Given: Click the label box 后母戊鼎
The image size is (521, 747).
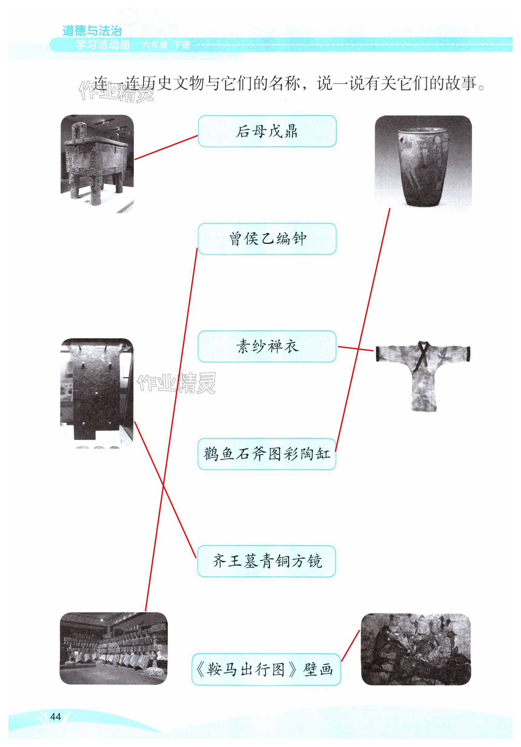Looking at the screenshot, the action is (x=267, y=131).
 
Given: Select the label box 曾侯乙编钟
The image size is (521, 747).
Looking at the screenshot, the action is (x=267, y=239).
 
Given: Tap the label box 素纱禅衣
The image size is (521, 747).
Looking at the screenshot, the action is (x=267, y=346).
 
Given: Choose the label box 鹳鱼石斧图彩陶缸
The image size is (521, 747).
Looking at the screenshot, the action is (x=267, y=454).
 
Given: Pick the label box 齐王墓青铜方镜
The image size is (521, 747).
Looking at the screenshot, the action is (x=267, y=561).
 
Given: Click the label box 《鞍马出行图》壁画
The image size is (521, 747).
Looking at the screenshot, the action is (x=266, y=669).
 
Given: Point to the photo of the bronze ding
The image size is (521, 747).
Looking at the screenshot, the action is (x=97, y=164).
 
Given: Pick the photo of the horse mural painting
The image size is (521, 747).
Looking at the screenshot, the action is (x=416, y=649).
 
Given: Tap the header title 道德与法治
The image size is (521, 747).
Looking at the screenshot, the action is (x=92, y=31).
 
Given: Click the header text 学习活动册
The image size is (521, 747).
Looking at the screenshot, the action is (x=103, y=45).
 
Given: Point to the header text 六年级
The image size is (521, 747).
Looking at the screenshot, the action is (x=154, y=45).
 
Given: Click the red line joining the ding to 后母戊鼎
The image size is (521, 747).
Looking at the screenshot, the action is (x=166, y=148).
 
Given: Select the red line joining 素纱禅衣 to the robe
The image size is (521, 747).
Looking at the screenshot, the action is (x=355, y=348).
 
